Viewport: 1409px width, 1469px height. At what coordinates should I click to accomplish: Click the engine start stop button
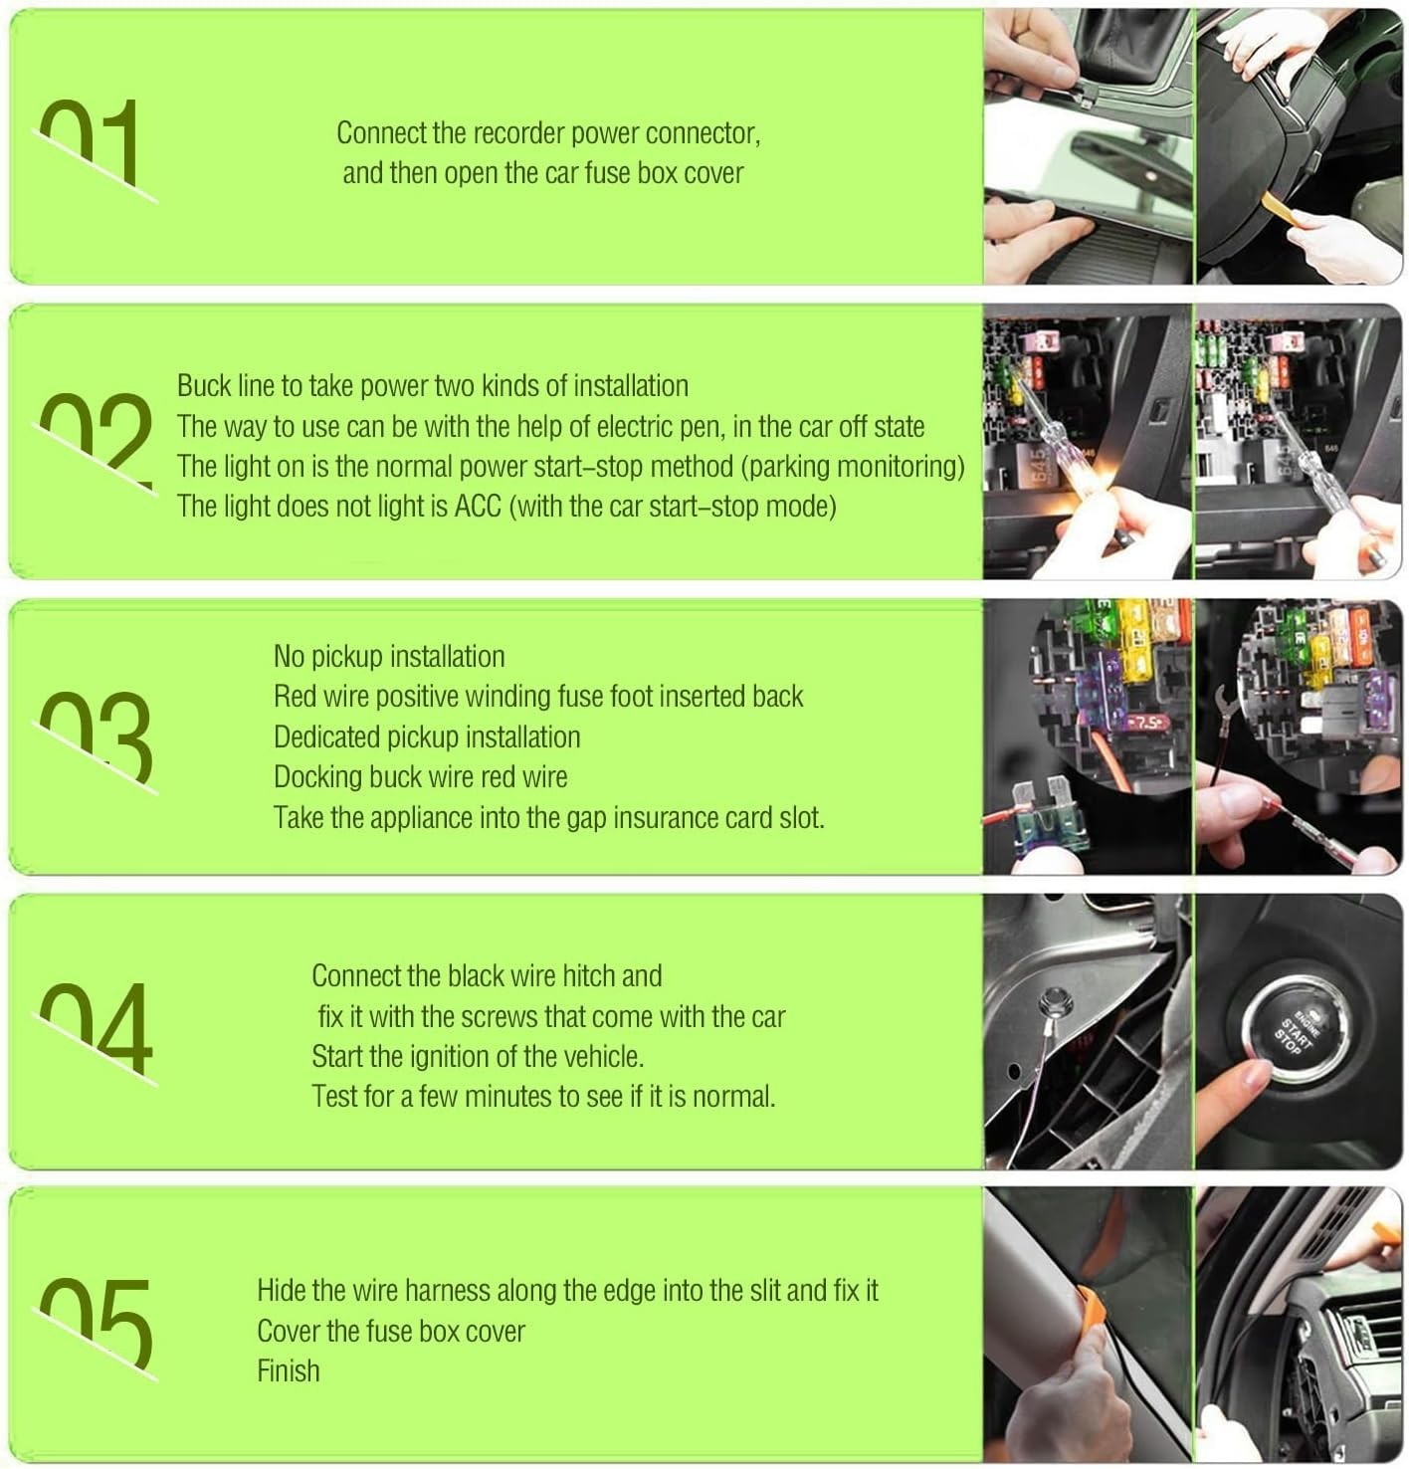point(1301,1031)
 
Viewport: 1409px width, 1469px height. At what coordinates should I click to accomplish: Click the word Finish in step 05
point(289,1370)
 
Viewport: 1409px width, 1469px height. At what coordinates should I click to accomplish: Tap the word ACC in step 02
point(478,506)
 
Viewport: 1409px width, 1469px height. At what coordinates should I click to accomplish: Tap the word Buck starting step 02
point(204,386)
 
